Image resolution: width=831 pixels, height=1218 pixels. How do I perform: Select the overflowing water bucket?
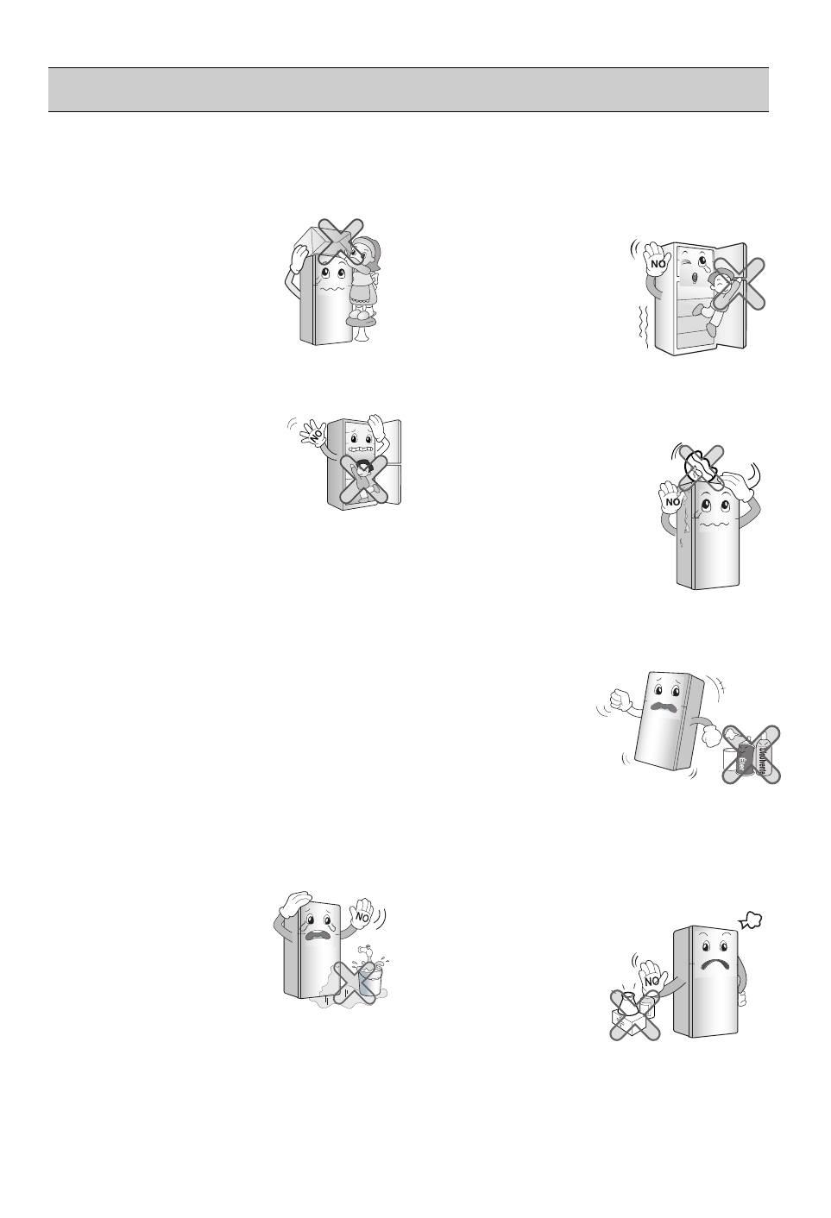[364, 983]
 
